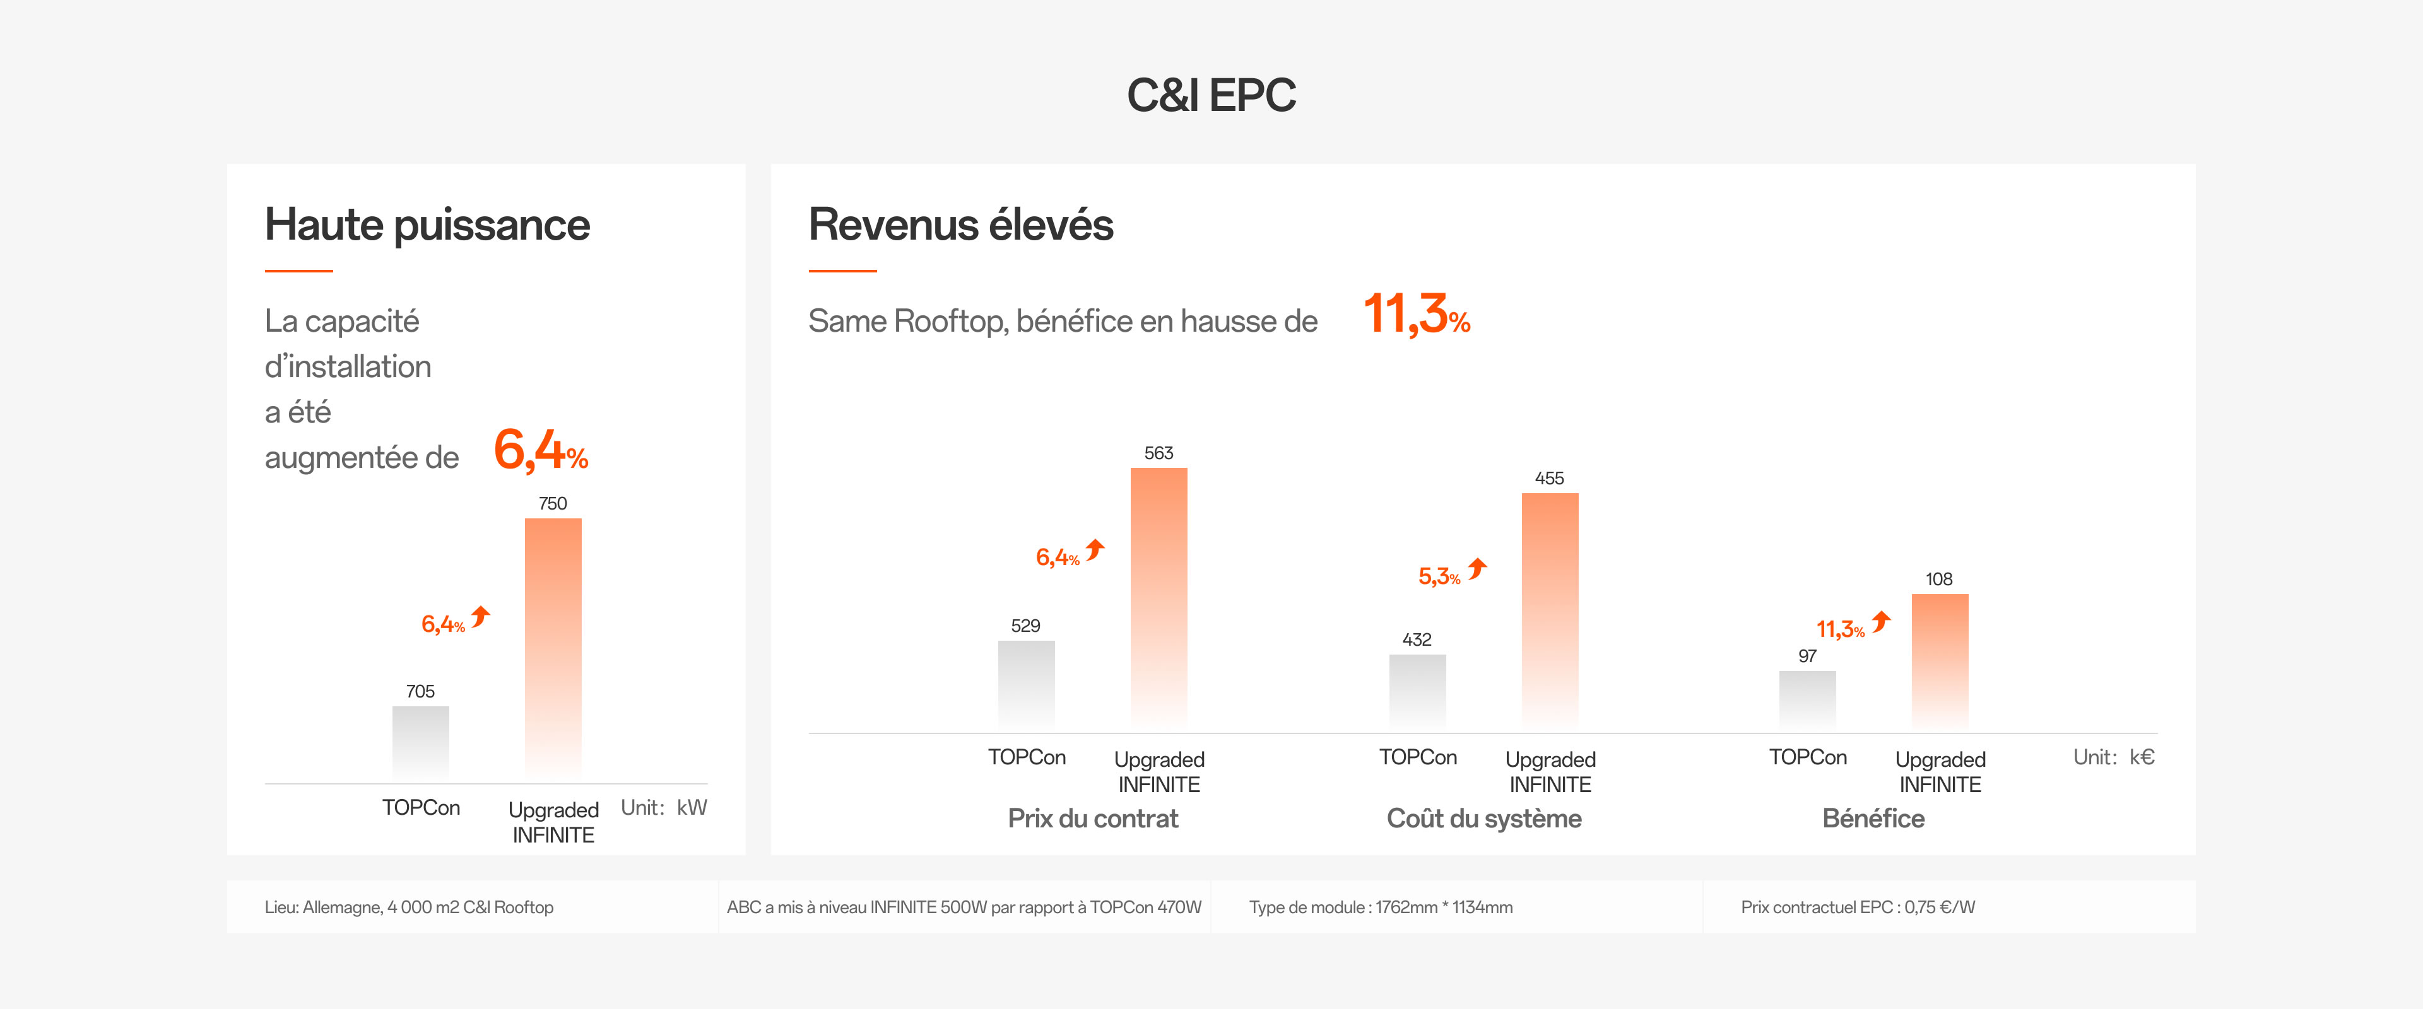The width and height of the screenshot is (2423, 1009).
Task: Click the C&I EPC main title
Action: coord(1211,95)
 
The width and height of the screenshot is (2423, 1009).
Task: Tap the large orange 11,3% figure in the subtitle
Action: coord(1415,315)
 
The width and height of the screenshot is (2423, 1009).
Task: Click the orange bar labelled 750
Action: coord(553,649)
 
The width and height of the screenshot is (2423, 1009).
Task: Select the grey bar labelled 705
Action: coord(420,743)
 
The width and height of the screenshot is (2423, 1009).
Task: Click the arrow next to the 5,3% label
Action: coord(1478,568)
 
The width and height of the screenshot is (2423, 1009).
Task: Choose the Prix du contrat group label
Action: coord(1092,818)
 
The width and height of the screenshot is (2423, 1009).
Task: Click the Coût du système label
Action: coord(1483,818)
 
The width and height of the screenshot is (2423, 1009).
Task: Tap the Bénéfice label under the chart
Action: coord(1873,818)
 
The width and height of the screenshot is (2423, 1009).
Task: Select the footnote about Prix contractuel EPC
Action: coord(1857,907)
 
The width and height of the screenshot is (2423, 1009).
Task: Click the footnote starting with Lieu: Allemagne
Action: coord(409,907)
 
